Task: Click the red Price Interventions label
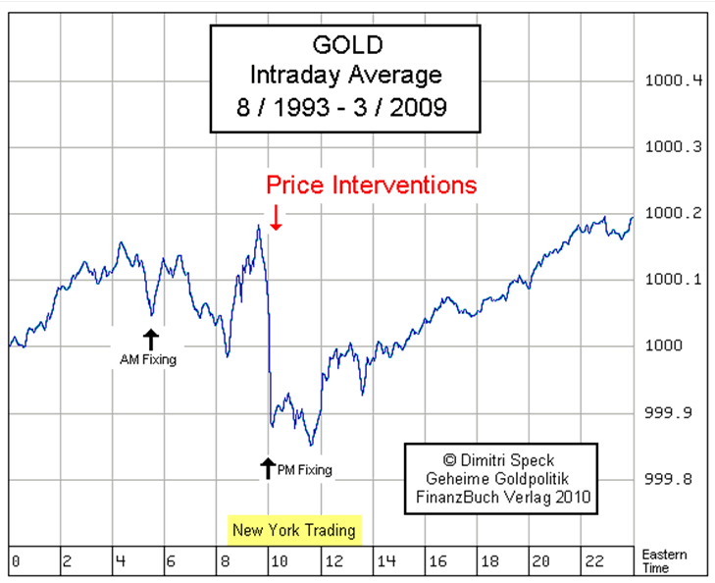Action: click(372, 184)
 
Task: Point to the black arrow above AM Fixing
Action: click(150, 340)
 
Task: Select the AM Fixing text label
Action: click(147, 360)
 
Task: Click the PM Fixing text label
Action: click(306, 470)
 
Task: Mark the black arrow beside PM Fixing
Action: click(267, 468)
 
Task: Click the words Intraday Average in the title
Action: click(344, 75)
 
